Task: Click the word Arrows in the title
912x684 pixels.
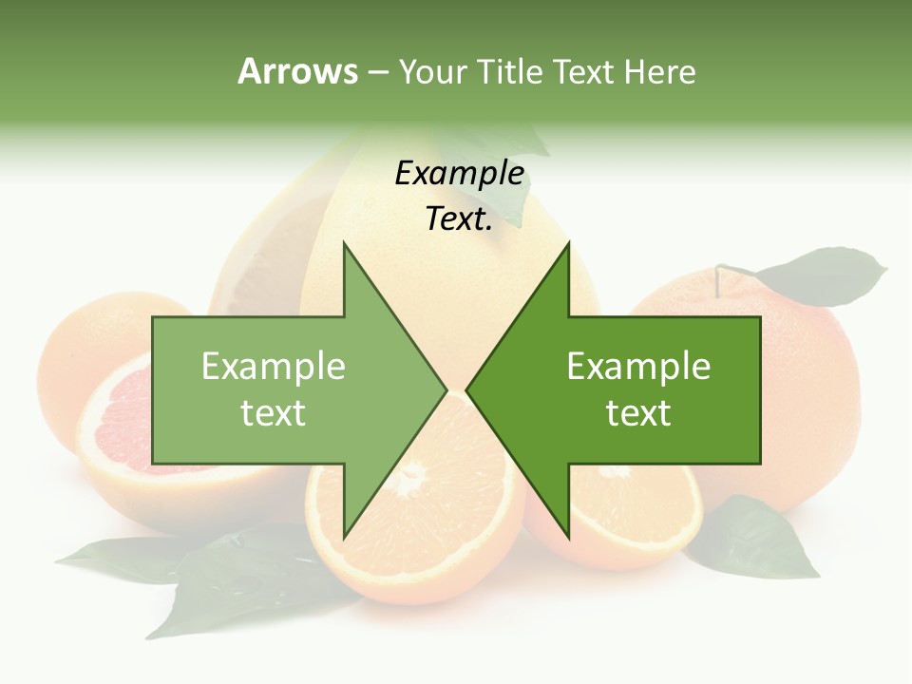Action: tap(296, 71)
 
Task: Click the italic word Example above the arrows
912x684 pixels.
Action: tap(459, 174)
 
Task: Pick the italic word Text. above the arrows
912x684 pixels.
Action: tap(459, 219)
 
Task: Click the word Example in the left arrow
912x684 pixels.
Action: tap(274, 366)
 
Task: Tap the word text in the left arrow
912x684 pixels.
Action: tap(274, 412)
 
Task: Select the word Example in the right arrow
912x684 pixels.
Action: tap(638, 366)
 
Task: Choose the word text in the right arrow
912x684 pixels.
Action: tap(638, 412)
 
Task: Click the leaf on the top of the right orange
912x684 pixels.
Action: tap(822, 274)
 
